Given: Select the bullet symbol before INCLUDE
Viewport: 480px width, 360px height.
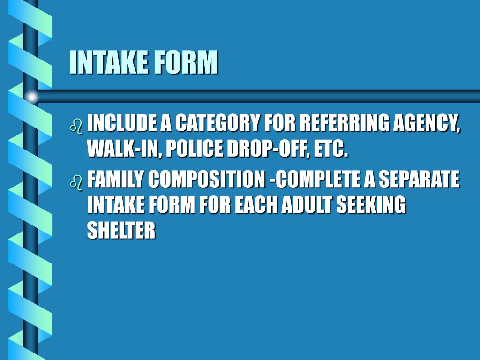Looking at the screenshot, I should [76, 126].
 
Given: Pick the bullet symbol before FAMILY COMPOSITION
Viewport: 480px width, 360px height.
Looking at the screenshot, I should [76, 181].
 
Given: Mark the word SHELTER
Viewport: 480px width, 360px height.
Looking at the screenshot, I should [121, 231].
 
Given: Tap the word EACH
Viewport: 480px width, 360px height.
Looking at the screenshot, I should [257, 205].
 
